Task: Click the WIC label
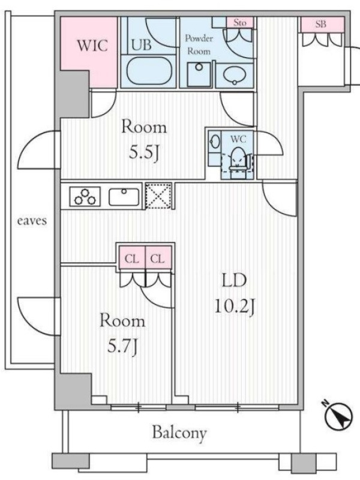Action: [92, 46]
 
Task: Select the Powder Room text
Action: [199, 44]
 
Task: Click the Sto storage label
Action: [239, 22]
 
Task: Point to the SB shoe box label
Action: [321, 24]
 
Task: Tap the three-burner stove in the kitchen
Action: [85, 196]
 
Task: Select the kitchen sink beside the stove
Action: [124, 197]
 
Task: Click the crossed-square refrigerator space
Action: [158, 196]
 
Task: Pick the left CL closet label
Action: [131, 259]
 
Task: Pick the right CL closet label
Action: [157, 259]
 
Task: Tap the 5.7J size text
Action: [122, 347]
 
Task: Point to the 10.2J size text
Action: [235, 306]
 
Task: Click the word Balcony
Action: [179, 433]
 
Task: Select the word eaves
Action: [32, 220]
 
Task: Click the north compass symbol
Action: [338, 415]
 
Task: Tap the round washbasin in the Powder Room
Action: [235, 75]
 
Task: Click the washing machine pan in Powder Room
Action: [199, 74]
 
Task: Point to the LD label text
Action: [234, 281]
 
